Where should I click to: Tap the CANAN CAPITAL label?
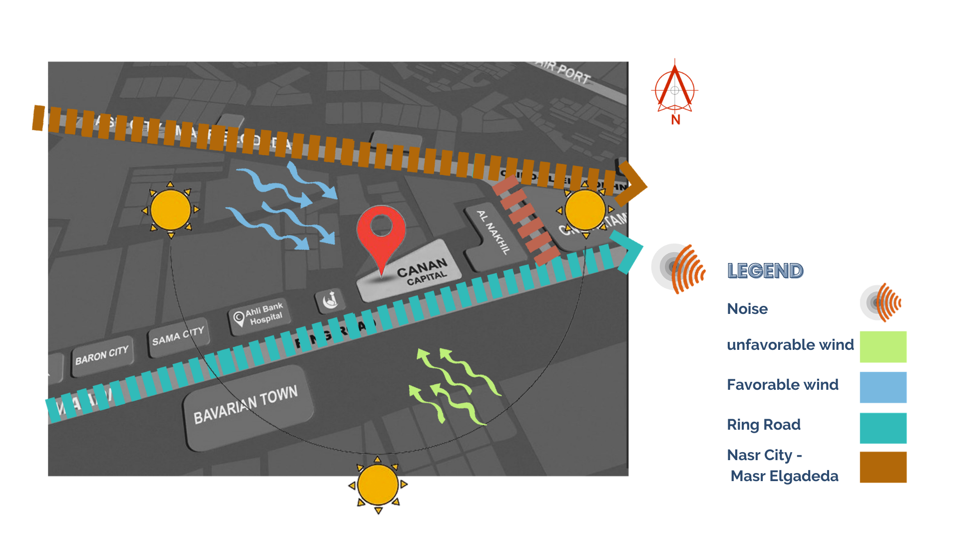click(423, 271)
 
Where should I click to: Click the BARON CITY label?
click(102, 355)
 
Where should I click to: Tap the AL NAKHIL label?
click(493, 232)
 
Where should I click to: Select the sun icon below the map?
click(378, 485)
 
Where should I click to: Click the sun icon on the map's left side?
click(170, 210)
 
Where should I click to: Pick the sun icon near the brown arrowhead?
click(585, 210)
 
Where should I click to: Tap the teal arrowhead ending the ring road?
click(629, 252)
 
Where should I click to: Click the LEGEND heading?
click(765, 271)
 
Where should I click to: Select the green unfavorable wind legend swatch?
click(883, 346)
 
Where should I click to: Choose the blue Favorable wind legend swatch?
click(883, 387)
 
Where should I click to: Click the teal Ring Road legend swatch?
click(883, 428)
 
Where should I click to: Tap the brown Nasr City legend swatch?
click(883, 467)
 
